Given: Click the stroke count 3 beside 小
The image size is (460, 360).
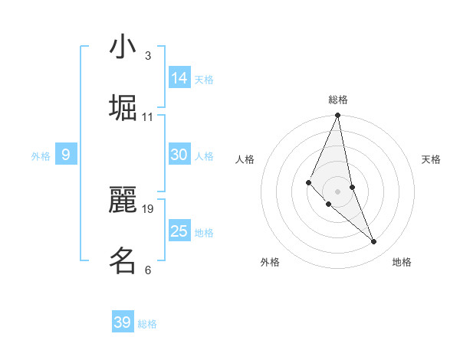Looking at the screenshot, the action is click(147, 56).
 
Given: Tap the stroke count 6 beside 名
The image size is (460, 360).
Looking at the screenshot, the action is click(147, 270).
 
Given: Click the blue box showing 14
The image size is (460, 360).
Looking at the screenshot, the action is click(179, 78).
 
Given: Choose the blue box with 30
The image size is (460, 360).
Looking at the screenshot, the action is click(179, 155).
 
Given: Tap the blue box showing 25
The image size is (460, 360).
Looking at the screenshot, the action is click(179, 231).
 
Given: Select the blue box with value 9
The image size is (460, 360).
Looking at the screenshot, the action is click(66, 155).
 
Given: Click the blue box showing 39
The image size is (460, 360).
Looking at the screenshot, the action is click(123, 322).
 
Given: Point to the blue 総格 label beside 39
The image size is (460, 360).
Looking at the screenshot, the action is click(147, 324).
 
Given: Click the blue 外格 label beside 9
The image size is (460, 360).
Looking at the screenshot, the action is click(41, 156).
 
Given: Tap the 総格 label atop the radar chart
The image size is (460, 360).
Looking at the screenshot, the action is click(338, 100).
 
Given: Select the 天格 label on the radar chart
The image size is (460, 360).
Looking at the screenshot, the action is click(431, 159).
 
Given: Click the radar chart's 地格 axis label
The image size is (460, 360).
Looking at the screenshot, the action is click(402, 262).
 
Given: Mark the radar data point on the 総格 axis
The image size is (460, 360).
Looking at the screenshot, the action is click(338, 116).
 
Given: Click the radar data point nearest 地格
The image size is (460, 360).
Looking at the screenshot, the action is click(374, 242).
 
